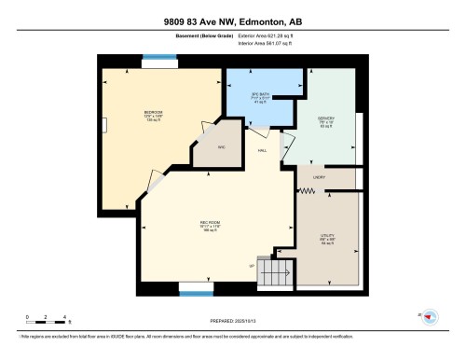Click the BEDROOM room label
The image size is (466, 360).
[x=154, y=115]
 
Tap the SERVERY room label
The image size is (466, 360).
[x=327, y=120]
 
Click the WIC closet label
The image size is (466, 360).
[x=222, y=147]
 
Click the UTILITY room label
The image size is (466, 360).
[x=328, y=238]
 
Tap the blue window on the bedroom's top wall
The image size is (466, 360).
[x=156, y=63]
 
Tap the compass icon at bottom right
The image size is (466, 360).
[x=430, y=318]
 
